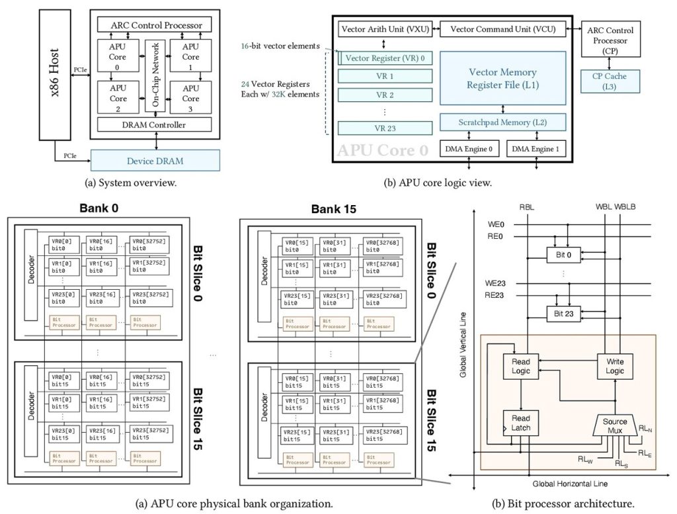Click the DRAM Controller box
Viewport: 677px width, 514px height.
click(x=155, y=124)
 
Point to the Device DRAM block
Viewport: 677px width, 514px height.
click(x=154, y=161)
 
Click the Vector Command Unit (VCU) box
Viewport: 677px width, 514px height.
click(x=503, y=29)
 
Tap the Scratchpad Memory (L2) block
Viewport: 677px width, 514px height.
click(x=502, y=122)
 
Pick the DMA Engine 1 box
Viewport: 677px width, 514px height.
click(x=537, y=150)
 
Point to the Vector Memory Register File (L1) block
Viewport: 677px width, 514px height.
click(x=502, y=79)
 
